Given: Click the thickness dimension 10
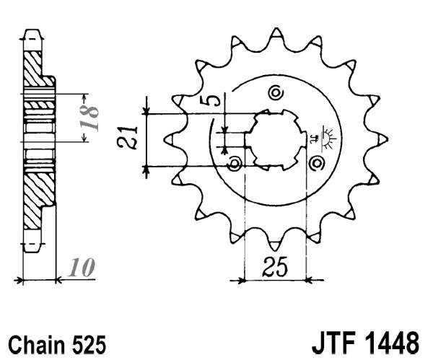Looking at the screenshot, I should pyautogui.click(x=82, y=268).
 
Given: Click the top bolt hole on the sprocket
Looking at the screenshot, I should pyautogui.click(x=274, y=92).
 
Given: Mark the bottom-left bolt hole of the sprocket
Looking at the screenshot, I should pyautogui.click(x=234, y=164).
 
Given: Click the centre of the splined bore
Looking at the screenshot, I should pyautogui.click(x=275, y=139).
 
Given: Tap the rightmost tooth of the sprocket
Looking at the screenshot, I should pyautogui.click(x=382, y=138).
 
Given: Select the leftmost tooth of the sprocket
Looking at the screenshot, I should pyautogui.click(x=170, y=138).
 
